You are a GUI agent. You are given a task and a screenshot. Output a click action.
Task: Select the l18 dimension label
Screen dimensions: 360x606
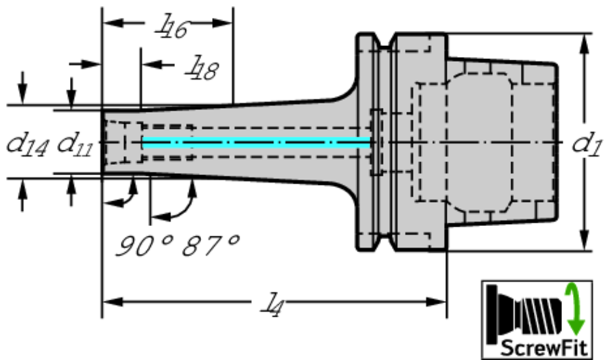tap(202, 68)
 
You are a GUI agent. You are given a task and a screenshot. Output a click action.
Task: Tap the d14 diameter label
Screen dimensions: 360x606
tap(27, 144)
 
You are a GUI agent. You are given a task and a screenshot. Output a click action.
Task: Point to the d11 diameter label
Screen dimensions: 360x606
tap(75, 144)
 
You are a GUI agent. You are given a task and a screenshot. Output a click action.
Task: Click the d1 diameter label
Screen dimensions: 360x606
tap(586, 144)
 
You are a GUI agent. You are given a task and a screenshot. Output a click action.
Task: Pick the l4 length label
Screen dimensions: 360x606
tap(273, 306)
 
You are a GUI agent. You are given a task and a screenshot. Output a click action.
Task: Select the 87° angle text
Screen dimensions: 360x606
tap(210, 245)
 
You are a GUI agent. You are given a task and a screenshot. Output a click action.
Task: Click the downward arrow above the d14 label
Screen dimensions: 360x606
tap(22, 89)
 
